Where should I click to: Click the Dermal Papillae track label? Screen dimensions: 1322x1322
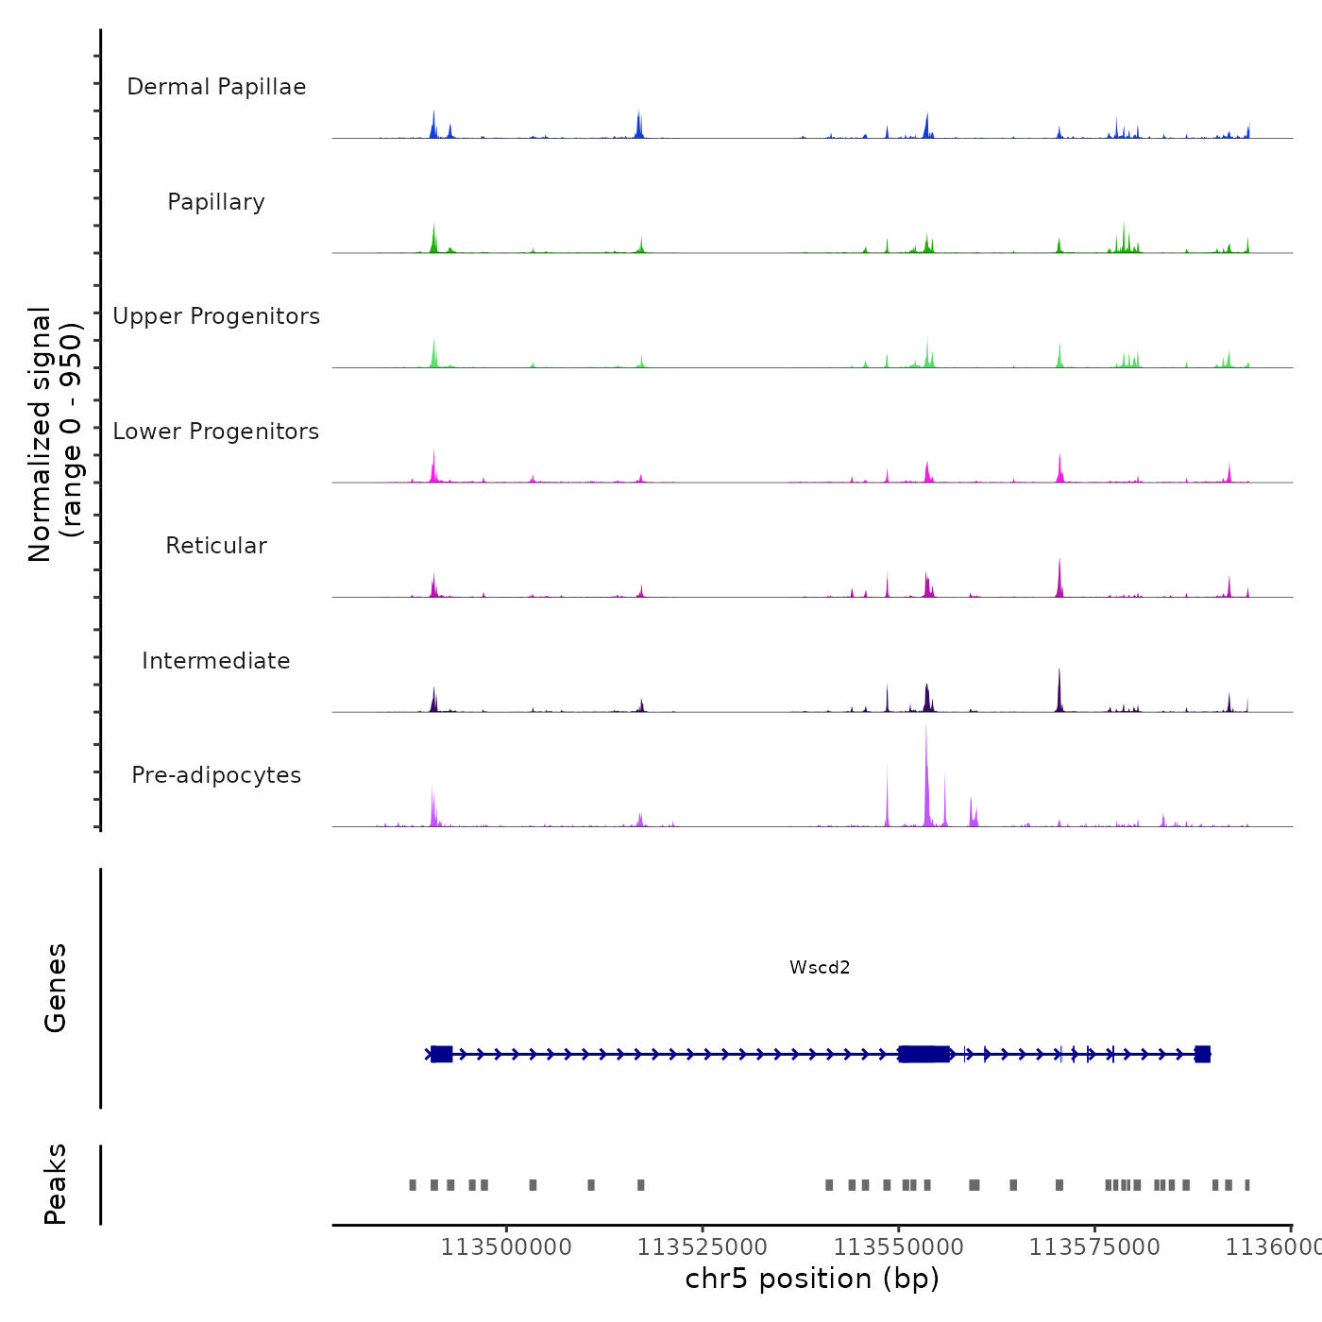pyautogui.click(x=216, y=87)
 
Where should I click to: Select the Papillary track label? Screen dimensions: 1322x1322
pyautogui.click(x=216, y=202)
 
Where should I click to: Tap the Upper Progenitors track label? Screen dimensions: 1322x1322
pyautogui.click(x=216, y=316)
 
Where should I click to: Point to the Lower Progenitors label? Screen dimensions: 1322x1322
pyautogui.click(x=216, y=432)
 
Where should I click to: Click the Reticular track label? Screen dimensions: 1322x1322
pyautogui.click(x=216, y=546)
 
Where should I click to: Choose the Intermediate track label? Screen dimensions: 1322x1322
pyautogui.click(x=216, y=661)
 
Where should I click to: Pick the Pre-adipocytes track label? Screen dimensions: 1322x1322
pyautogui.click(x=216, y=775)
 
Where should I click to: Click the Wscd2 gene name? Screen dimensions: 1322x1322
pyautogui.click(x=820, y=967)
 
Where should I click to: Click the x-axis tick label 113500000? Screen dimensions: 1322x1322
pyautogui.click(x=506, y=1247)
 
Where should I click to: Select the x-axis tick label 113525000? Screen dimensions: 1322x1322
pyautogui.click(x=703, y=1247)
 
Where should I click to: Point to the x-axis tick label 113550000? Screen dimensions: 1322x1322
pyautogui.click(x=899, y=1247)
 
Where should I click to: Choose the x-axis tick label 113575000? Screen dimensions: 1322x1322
pyautogui.click(x=1094, y=1247)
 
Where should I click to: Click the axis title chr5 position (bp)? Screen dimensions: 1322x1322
pyautogui.click(x=812, y=1279)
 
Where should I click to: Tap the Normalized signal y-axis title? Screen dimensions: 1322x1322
pyautogui.click(x=55, y=434)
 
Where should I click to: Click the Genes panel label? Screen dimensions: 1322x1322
pyautogui.click(x=55, y=988)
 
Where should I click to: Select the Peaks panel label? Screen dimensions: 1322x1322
pyautogui.click(x=55, y=1184)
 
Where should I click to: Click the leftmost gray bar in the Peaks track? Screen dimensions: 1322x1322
pyautogui.click(x=413, y=1185)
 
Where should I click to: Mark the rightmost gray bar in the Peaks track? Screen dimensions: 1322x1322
pyautogui.click(x=1247, y=1185)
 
